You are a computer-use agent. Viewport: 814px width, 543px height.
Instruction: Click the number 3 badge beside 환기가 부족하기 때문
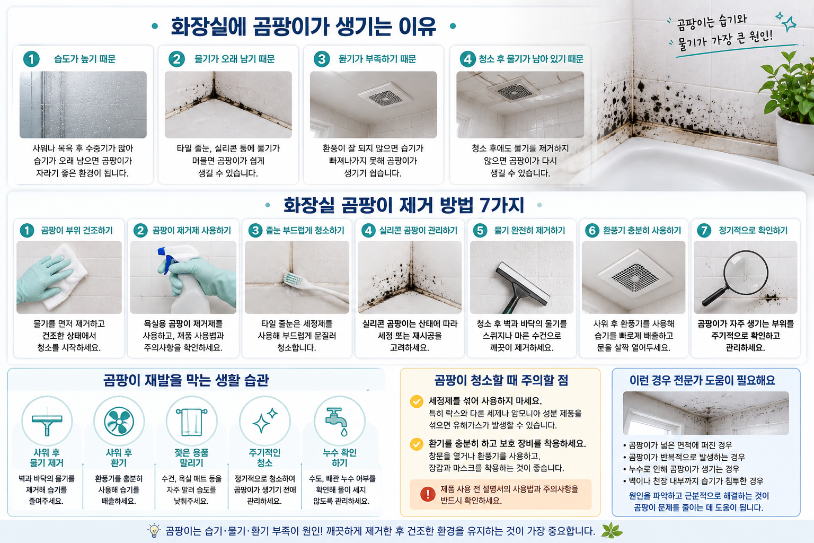pyautogui.click(x=322, y=59)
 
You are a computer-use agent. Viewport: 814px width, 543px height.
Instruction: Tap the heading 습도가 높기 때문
pyautogui.click(x=85, y=59)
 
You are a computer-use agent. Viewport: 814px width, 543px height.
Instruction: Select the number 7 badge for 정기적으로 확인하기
pyautogui.click(x=704, y=230)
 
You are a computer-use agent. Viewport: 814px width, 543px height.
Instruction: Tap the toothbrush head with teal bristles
pyautogui.click(x=293, y=279)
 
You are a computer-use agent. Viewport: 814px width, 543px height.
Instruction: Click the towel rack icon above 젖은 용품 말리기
pyautogui.click(x=191, y=422)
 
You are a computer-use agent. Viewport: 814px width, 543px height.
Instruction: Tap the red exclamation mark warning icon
pyautogui.click(x=428, y=494)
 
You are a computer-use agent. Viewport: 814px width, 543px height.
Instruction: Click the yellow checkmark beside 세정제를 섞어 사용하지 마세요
pyautogui.click(x=417, y=401)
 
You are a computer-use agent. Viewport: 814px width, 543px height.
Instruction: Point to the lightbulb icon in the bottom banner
pyautogui.click(x=154, y=531)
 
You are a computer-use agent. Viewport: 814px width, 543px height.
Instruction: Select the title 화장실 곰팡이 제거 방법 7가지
pyautogui.click(x=404, y=205)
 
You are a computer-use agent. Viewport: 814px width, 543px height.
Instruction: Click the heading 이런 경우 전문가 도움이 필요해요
pyautogui.click(x=702, y=380)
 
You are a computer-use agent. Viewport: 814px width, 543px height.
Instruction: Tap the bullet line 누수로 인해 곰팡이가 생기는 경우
pyautogui.click(x=681, y=469)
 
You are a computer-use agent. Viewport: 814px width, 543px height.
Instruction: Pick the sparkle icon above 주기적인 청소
pyautogui.click(x=264, y=421)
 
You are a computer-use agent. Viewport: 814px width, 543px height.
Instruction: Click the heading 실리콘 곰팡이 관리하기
pyautogui.click(x=418, y=230)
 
